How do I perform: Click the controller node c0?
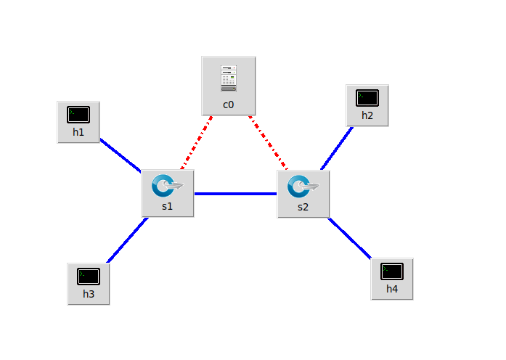tap(229, 86)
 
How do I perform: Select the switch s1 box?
tap(168, 193)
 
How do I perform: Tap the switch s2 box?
tap(303, 193)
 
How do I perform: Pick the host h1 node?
tap(78, 122)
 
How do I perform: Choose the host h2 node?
tap(367, 105)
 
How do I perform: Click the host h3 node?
tap(89, 284)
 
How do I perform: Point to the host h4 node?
tap(392, 279)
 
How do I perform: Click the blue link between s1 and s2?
tap(235, 194)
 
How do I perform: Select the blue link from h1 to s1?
tap(120, 155)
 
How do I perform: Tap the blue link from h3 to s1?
tap(128, 240)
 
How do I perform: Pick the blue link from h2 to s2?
tap(336, 150)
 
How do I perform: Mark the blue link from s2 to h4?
tap(350, 237)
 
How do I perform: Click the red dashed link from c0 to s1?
tap(196, 142)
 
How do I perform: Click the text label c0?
tap(229, 105)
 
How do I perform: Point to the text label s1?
tap(168, 206)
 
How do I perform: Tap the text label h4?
tap(392, 289)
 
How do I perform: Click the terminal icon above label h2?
tap(367, 97)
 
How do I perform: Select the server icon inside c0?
tap(229, 78)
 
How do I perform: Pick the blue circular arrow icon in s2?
tap(299, 186)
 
